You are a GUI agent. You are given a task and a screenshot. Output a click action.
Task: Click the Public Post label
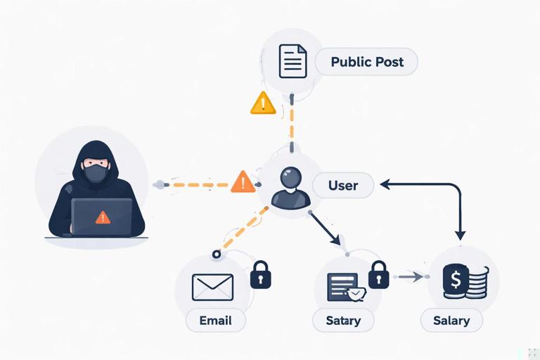(x=366, y=62)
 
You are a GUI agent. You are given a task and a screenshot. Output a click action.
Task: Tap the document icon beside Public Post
(x=293, y=61)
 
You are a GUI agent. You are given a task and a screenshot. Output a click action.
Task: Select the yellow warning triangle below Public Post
(x=263, y=103)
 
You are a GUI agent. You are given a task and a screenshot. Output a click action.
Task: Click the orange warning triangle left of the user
(x=243, y=182)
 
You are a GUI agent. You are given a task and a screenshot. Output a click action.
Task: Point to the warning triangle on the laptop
(x=103, y=217)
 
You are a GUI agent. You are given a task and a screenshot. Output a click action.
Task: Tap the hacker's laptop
(x=102, y=217)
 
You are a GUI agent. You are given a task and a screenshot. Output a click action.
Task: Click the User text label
(x=343, y=186)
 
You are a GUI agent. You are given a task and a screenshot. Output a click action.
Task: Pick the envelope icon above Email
(x=212, y=287)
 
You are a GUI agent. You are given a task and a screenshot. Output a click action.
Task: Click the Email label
(x=216, y=321)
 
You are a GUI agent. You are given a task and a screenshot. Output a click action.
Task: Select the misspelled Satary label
(x=343, y=321)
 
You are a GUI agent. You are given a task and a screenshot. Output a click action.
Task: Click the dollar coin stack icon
(x=464, y=281)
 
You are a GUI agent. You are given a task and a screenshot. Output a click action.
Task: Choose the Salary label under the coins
(x=451, y=321)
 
